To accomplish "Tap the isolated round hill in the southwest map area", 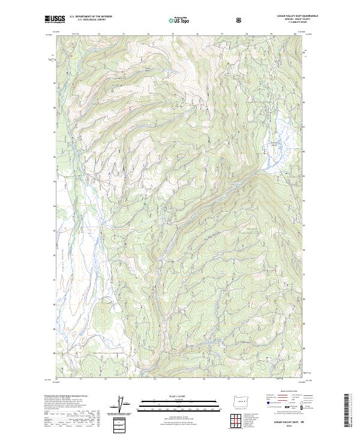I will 106,312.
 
